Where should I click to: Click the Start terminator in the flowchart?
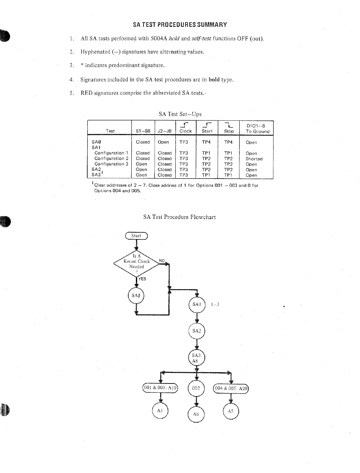point(136,236)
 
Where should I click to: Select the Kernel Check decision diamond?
point(137,263)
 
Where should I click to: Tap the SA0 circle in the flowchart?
point(136,296)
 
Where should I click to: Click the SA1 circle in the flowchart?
point(197,305)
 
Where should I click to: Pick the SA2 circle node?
point(197,331)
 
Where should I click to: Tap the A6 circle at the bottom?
point(196,414)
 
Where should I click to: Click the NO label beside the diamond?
point(162,261)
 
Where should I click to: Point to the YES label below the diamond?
point(142,279)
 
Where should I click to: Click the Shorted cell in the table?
point(254,159)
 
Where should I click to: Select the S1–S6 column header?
point(143,131)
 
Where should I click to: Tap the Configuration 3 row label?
point(111,164)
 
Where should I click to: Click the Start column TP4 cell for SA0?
point(206,142)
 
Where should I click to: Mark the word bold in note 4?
point(214,79)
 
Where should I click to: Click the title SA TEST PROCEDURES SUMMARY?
point(180,25)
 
